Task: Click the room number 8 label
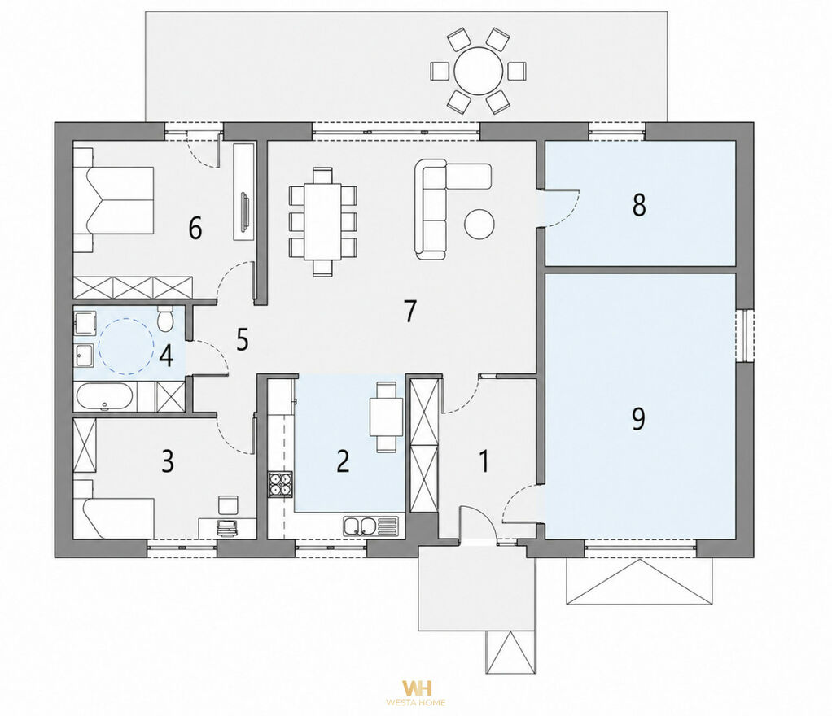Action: (x=639, y=205)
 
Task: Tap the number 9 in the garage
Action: (x=638, y=417)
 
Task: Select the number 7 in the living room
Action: (x=410, y=311)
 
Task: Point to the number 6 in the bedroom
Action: (x=195, y=229)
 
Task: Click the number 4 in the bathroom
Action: (x=166, y=356)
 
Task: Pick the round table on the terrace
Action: (x=479, y=71)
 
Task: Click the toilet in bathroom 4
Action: (x=166, y=318)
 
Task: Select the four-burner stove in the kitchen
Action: (x=281, y=483)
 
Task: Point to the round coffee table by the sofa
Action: (x=479, y=224)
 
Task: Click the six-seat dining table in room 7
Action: (x=322, y=221)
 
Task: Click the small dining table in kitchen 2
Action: (x=387, y=417)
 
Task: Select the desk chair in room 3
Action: (x=229, y=504)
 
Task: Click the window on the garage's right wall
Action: (x=744, y=335)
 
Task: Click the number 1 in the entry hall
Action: (x=484, y=461)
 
